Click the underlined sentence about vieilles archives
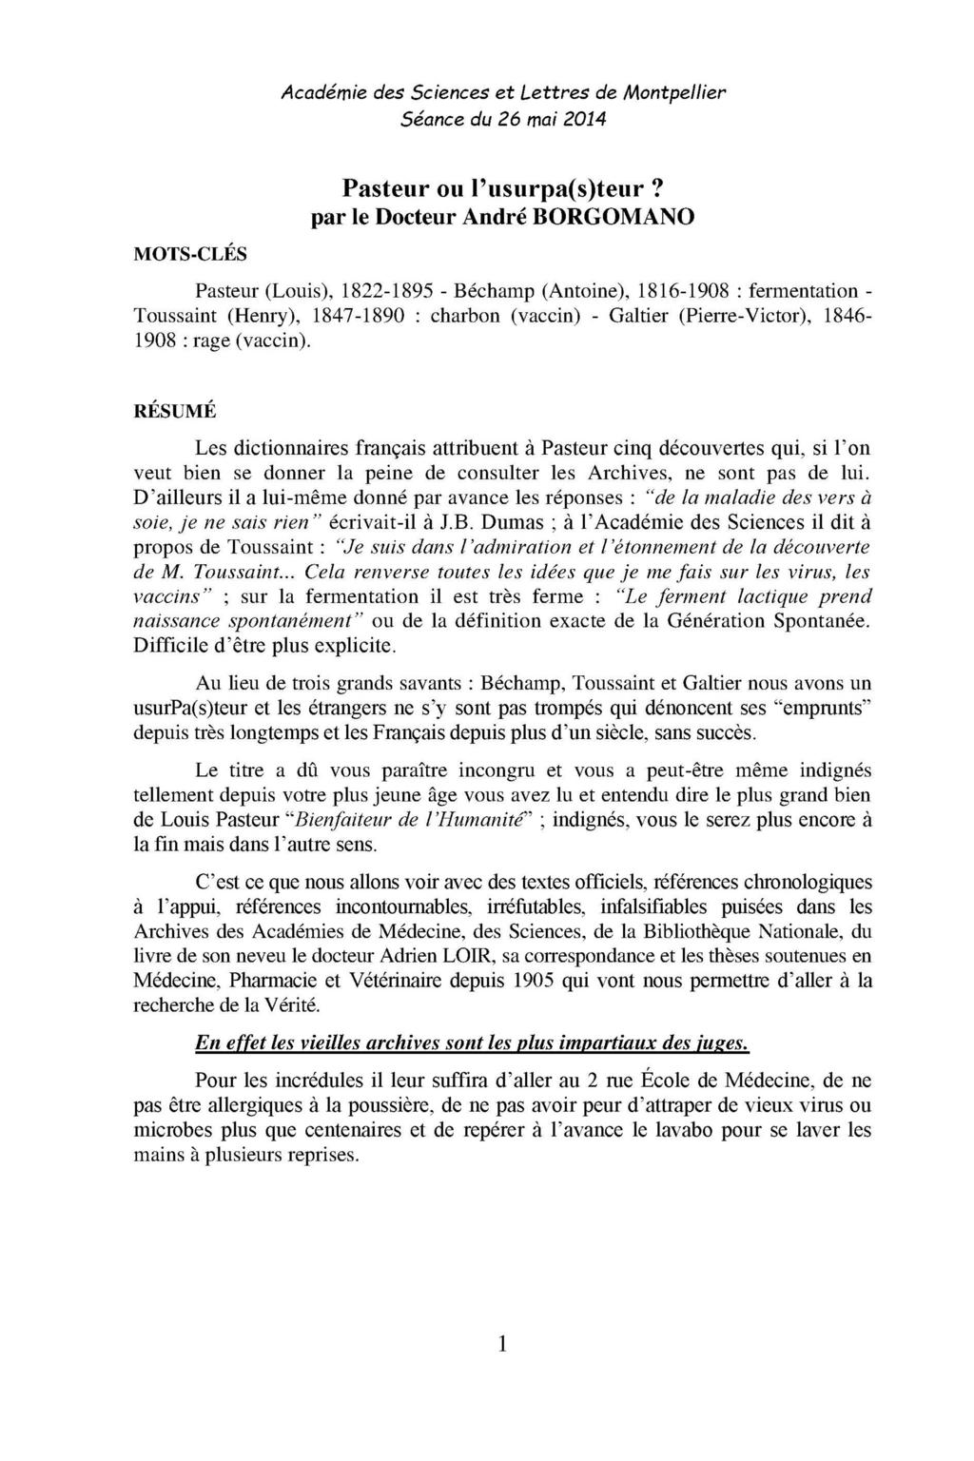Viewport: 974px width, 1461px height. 472,1044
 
